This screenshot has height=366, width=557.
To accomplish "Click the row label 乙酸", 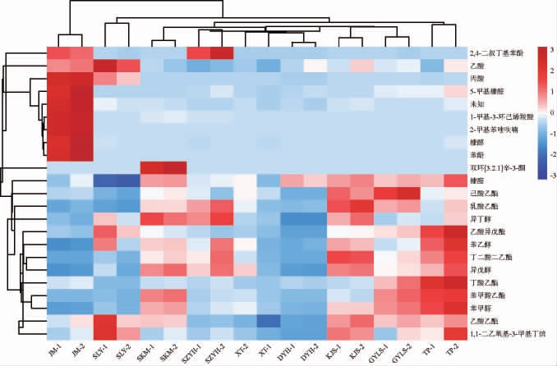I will (x=476, y=66).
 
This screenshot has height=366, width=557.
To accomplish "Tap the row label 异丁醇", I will (x=479, y=219).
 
